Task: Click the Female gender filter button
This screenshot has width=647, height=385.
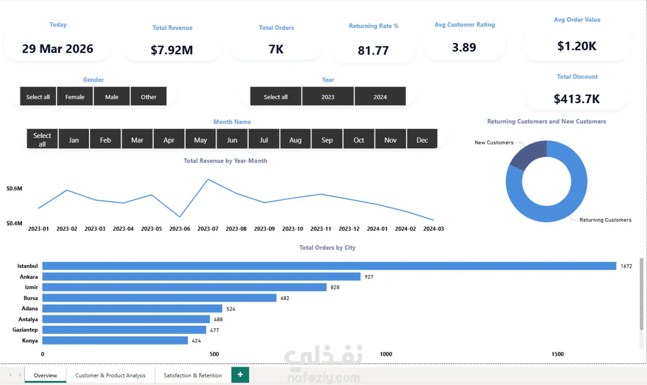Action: click(75, 97)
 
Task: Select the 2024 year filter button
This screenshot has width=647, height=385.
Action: click(380, 97)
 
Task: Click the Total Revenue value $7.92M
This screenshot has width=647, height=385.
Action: click(172, 50)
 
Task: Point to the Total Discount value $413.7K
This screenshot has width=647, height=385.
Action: click(577, 99)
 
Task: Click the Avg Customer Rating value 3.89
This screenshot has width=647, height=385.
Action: click(464, 47)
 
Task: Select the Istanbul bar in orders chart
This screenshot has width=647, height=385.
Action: click(329, 266)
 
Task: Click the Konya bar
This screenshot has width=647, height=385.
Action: click(115, 340)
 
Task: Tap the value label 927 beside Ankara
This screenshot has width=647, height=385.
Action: click(369, 277)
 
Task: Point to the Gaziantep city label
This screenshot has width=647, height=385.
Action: click(25, 330)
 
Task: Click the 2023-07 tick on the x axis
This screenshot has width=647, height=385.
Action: click(208, 229)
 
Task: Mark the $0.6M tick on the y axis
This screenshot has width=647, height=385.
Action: click(15, 189)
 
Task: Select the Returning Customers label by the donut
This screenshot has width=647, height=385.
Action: click(606, 220)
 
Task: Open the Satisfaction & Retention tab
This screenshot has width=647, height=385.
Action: click(193, 375)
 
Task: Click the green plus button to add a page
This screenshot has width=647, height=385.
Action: click(240, 375)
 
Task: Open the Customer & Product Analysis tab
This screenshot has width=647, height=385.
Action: click(110, 375)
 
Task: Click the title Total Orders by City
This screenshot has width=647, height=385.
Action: click(327, 248)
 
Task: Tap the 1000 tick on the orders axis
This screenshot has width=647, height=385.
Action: click(386, 354)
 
